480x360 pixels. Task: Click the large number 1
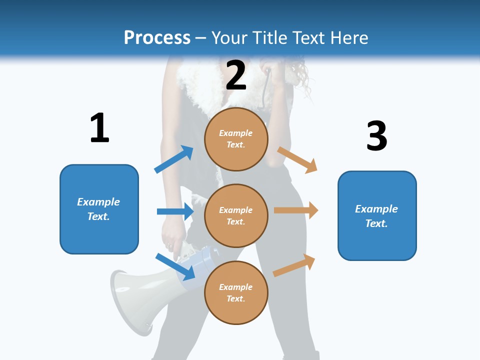click(99, 128)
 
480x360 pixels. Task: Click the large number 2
click(236, 75)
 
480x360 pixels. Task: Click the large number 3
click(376, 136)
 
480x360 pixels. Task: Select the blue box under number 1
click(99, 209)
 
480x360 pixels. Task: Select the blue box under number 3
click(377, 215)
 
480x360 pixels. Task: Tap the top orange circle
click(236, 139)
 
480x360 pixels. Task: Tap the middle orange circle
click(236, 215)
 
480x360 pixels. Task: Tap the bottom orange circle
click(236, 292)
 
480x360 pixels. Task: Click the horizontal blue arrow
click(175, 211)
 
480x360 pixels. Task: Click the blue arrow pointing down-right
click(175, 266)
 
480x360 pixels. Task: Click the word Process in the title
click(157, 37)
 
